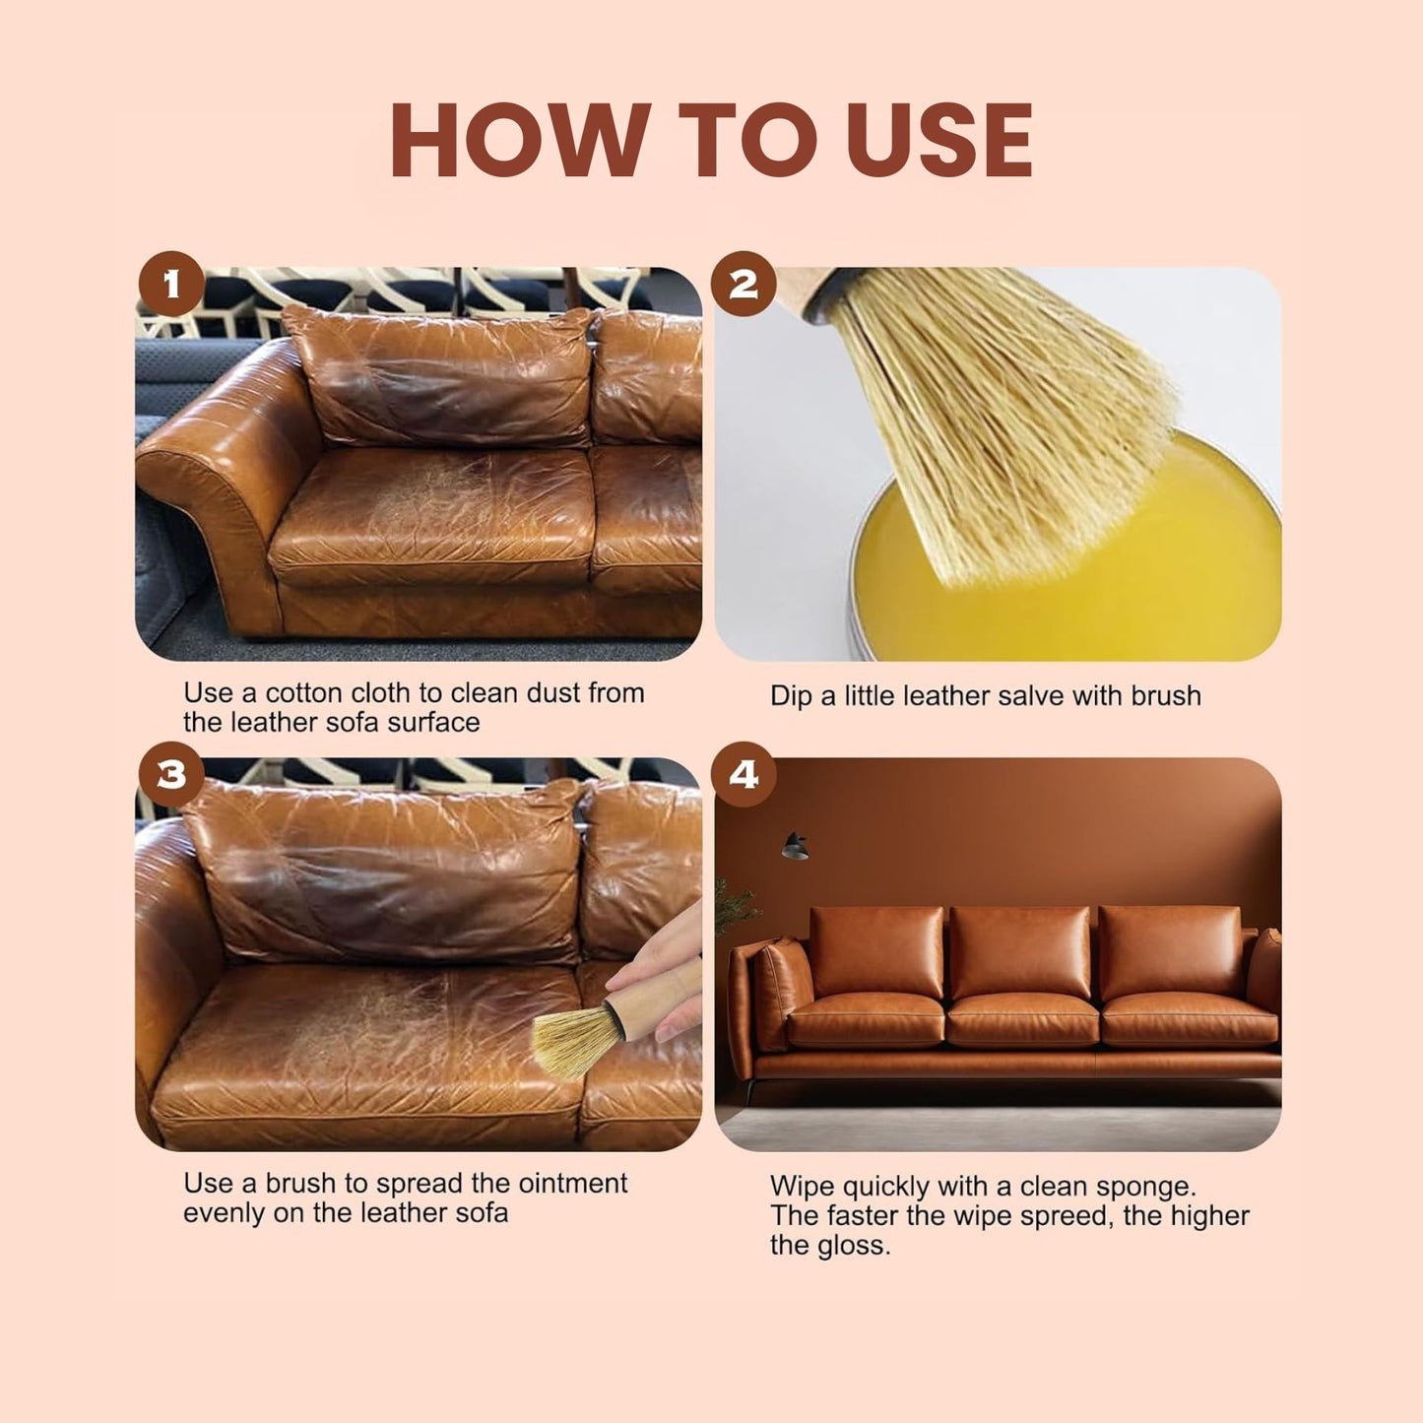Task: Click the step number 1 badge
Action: click(171, 285)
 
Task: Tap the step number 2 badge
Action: click(744, 284)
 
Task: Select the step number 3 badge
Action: click(171, 775)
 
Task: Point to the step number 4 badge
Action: click(744, 775)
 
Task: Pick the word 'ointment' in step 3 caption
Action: click(573, 1183)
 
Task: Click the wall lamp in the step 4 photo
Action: click(795, 846)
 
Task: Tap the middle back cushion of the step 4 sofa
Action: click(1020, 950)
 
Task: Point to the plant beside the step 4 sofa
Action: click(734, 906)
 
